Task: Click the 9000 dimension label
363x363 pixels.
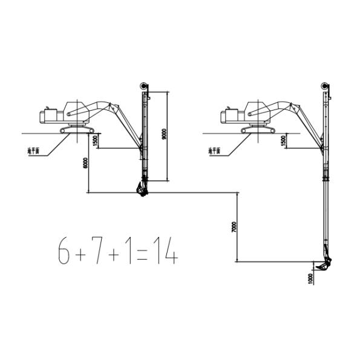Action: [x=165, y=135]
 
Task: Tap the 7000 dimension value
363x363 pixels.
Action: [x=234, y=227]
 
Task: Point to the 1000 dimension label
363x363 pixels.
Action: [x=310, y=278]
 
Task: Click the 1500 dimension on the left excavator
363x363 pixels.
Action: [x=94, y=140]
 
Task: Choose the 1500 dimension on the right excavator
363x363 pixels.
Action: [x=283, y=140]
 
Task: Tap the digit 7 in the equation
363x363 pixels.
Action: [x=97, y=250]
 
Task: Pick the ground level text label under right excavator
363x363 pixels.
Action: [x=214, y=150]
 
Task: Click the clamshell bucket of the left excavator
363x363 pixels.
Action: [x=142, y=189]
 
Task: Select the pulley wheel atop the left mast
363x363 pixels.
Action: [x=143, y=85]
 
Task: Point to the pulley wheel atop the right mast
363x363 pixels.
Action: [x=325, y=85]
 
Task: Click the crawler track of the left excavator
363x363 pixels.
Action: [x=77, y=130]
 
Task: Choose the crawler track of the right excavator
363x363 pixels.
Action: [x=258, y=130]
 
